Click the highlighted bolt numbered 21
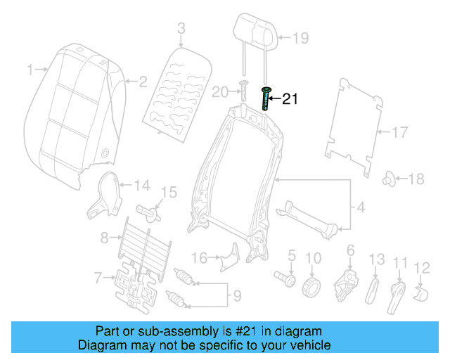point(266,98)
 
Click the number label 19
point(300,38)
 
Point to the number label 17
point(399,131)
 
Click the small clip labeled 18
point(387,179)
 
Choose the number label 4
point(361,208)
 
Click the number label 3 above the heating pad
point(181,29)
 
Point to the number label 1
point(30,70)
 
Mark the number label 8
point(105,238)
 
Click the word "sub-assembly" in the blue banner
point(153,331)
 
